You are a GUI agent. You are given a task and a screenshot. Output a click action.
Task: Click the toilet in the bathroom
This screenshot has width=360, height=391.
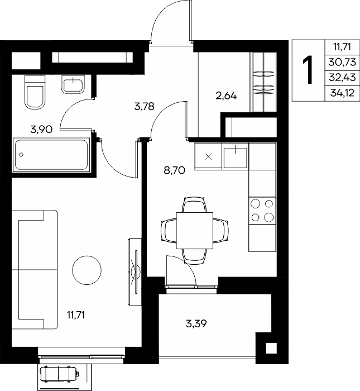[35, 92]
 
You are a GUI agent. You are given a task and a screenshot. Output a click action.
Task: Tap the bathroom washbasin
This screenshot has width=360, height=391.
[73, 84]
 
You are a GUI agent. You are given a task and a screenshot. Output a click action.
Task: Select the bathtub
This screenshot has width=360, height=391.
[51, 155]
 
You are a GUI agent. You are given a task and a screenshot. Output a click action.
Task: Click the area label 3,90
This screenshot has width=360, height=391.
[41, 130]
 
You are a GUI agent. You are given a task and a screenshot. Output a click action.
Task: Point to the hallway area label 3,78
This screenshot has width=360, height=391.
[144, 107]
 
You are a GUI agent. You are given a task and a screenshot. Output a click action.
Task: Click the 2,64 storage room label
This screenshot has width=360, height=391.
[226, 96]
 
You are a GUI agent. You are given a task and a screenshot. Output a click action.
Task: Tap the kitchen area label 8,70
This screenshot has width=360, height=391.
[174, 170]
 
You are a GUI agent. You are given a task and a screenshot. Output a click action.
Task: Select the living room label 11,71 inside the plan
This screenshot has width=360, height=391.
[76, 315]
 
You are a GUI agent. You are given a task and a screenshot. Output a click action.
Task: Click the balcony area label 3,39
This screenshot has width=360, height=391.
[196, 323]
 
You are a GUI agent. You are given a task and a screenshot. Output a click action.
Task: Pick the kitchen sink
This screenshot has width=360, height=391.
[235, 157]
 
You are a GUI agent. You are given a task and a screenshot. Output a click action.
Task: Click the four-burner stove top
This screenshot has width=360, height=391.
[262, 211]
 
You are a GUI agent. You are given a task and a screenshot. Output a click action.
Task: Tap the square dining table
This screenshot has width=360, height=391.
[195, 231]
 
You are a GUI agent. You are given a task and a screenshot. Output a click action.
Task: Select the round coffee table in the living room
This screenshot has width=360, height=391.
[87, 270]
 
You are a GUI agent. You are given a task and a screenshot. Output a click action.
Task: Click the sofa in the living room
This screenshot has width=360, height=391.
[35, 270]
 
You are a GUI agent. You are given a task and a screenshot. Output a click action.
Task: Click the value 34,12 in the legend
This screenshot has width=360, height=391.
[342, 93]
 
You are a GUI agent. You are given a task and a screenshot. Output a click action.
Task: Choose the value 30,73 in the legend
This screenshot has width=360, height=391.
[342, 62]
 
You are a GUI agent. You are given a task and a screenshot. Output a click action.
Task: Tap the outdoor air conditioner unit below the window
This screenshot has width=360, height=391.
[60, 374]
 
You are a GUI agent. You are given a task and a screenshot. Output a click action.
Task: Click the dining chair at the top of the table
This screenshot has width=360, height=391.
[194, 205]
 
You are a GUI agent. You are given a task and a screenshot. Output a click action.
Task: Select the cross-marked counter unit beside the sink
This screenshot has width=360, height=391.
[208, 156]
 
